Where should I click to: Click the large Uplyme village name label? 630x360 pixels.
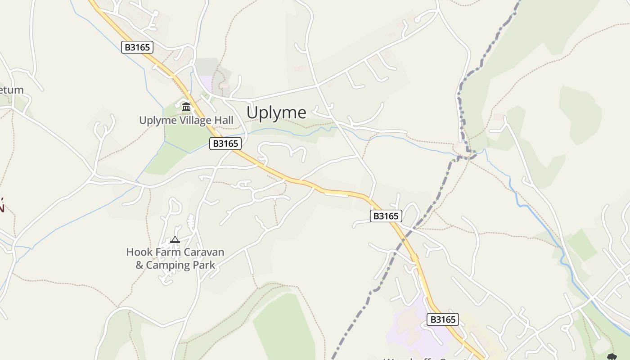click(x=276, y=112)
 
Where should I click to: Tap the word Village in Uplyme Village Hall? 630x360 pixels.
click(x=192, y=120)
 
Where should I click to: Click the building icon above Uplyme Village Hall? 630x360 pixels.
click(x=186, y=107)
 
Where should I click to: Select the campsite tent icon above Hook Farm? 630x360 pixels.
click(x=175, y=240)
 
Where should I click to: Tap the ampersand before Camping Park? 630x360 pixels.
click(x=139, y=265)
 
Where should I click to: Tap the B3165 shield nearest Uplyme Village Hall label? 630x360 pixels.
click(x=225, y=144)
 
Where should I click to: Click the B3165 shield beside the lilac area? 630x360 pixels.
click(x=443, y=319)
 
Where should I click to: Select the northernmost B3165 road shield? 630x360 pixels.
click(x=137, y=47)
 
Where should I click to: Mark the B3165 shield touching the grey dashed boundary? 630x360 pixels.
click(x=386, y=216)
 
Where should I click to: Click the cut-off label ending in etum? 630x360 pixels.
click(x=11, y=90)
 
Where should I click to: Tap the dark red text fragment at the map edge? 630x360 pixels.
click(x=2, y=205)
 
